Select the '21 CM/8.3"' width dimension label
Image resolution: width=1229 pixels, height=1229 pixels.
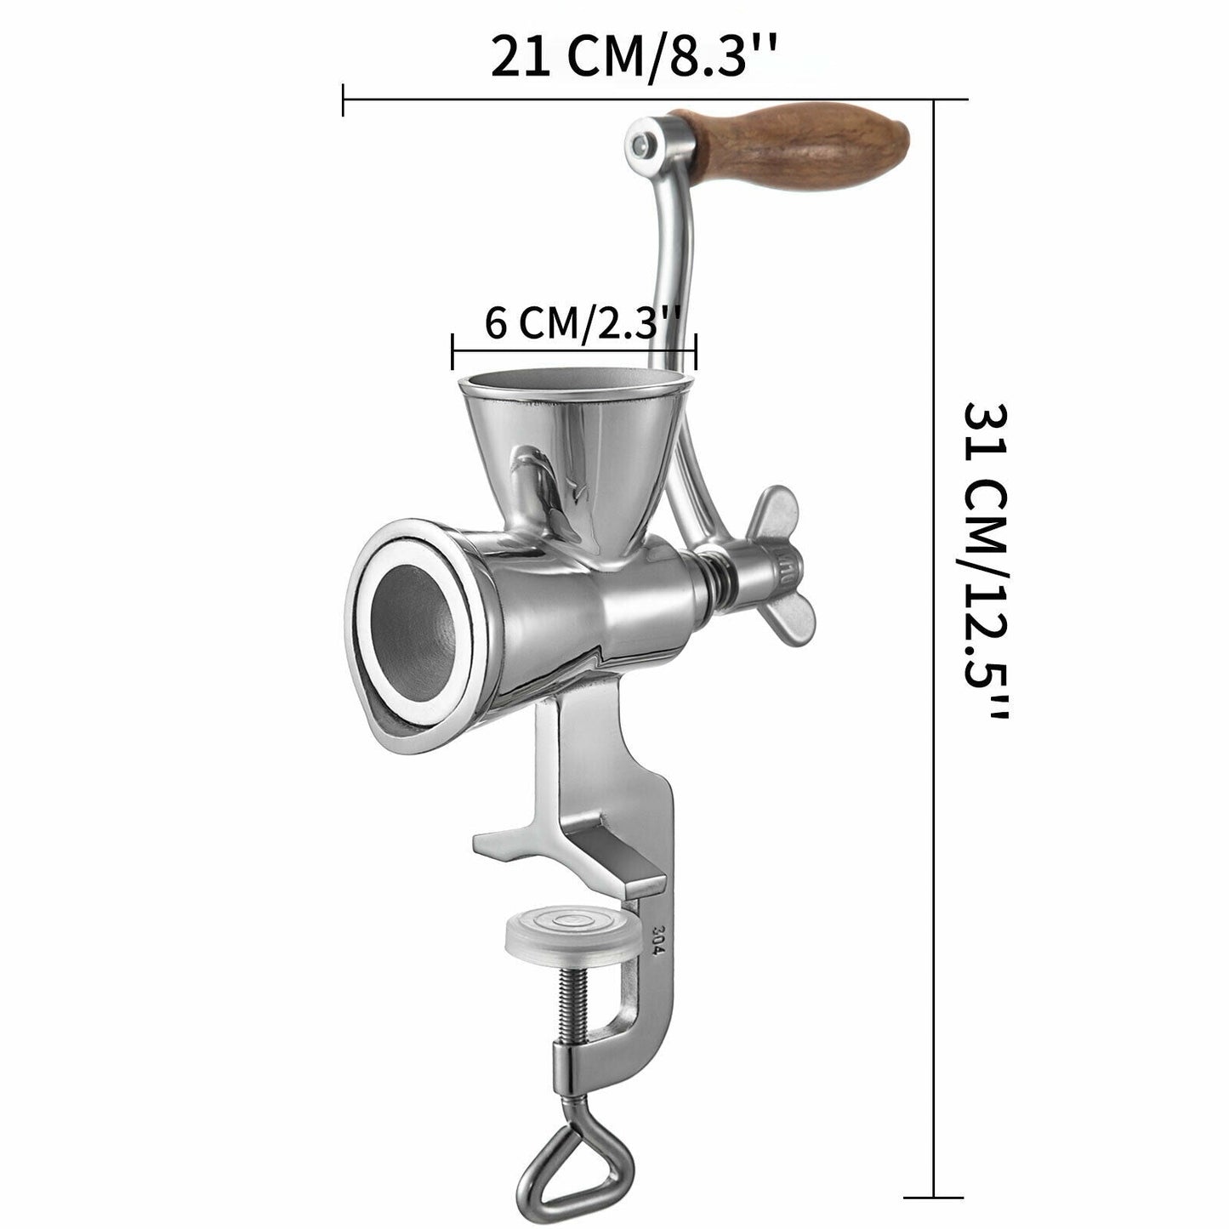coord(633,56)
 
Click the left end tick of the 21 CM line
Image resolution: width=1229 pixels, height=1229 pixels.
coord(343,100)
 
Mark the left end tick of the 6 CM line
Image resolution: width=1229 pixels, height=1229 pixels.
coord(453,350)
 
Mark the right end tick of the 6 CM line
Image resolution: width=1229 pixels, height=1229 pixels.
coord(696,350)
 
